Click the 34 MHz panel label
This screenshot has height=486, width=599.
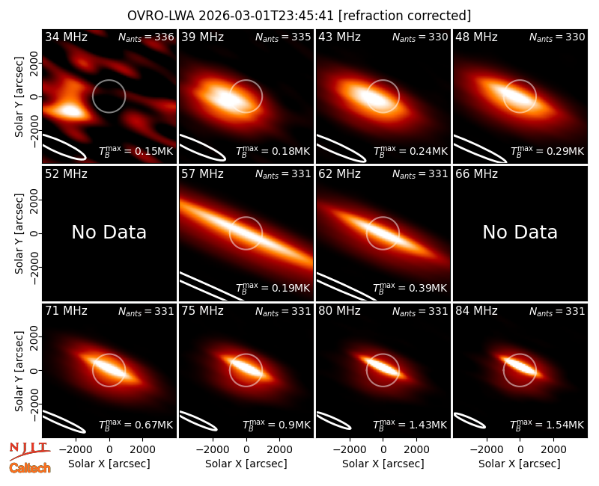pos(66,37)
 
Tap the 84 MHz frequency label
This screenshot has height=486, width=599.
pos(476,311)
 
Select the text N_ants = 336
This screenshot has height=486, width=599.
pos(146,37)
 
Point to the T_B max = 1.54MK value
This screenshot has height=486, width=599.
pos(547,424)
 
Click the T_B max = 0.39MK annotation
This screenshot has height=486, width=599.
pos(410,288)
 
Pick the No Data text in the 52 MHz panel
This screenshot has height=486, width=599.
pos(109,232)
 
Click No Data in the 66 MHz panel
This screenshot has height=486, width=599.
pos(520,232)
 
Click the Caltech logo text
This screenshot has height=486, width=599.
pos(30,468)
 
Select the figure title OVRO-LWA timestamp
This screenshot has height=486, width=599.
pos(299,16)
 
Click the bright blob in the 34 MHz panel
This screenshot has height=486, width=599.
pos(70,111)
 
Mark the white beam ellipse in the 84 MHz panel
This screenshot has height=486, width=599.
pos(469,420)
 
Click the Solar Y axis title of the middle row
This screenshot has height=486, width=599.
pos(19,233)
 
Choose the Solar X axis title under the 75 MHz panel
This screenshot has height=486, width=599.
pos(246,464)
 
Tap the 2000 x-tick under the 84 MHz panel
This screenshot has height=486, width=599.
pos(553,450)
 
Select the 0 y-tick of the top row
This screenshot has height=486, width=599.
pos(34,96)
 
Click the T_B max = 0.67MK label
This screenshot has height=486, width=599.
pos(136,424)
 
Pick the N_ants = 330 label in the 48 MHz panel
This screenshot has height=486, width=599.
pos(557,37)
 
